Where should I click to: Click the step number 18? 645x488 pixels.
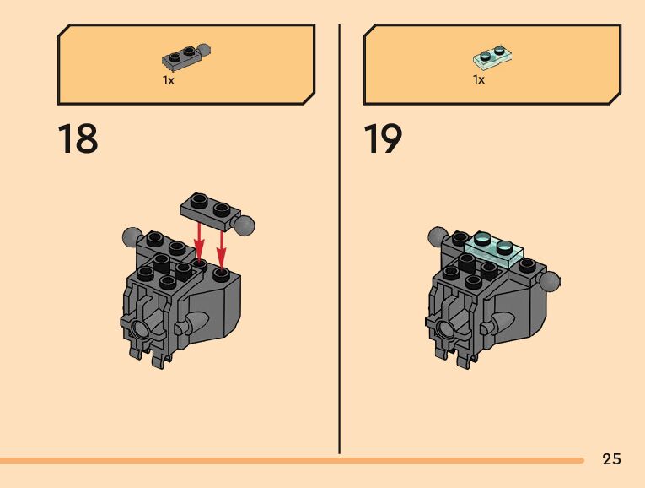[78, 139]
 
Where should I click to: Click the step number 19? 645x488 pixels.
[383, 139]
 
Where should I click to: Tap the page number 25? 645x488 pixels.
[611, 459]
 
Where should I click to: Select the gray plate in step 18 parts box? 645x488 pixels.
[185, 57]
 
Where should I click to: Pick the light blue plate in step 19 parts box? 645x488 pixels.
[492, 58]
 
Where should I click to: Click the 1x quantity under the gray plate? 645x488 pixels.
[169, 80]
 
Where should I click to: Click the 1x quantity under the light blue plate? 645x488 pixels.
[478, 80]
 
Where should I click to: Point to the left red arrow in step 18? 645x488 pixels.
[199, 241]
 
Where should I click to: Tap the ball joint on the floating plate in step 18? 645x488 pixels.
[245, 225]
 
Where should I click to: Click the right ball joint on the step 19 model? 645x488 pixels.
[549, 280]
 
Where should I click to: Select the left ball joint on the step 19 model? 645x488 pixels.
[437, 236]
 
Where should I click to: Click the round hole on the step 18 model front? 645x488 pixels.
[138, 327]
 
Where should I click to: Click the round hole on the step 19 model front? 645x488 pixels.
[444, 327]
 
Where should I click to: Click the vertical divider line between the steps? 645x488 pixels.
[339, 236]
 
